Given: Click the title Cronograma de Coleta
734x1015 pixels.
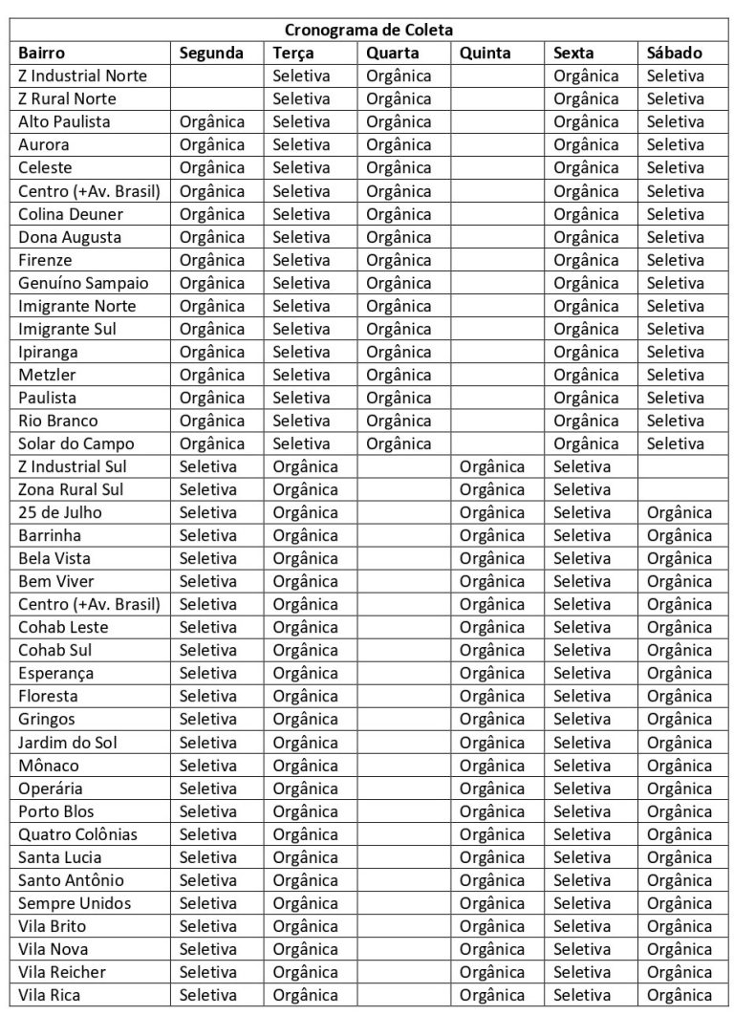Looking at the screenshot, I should pyautogui.click(x=368, y=30).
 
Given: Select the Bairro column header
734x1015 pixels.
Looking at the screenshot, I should pyautogui.click(x=42, y=53).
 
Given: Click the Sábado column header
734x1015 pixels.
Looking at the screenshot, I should pyautogui.click(x=675, y=53).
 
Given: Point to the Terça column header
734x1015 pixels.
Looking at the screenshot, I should pyautogui.click(x=293, y=53).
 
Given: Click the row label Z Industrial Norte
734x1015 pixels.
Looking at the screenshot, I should pyautogui.click(x=77, y=76).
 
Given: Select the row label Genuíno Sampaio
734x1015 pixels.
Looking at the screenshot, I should pyautogui.click(x=83, y=283).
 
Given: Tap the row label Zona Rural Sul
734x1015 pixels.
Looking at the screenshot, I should pyautogui.click(x=72, y=489).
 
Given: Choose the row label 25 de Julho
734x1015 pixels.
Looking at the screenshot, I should pyautogui.click(x=60, y=512).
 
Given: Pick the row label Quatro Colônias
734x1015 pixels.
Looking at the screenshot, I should pyautogui.click(x=78, y=834).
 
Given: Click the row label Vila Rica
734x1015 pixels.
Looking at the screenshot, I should pyautogui.click(x=50, y=995).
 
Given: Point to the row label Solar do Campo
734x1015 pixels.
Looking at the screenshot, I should pyautogui.click(x=76, y=443).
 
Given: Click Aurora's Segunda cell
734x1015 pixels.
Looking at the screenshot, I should pyautogui.click(x=212, y=144).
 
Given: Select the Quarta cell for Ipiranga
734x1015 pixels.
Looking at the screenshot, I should pyautogui.click(x=399, y=352).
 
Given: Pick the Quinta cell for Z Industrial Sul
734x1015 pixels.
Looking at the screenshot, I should pyautogui.click(x=492, y=466).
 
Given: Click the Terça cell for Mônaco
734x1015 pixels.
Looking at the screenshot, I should pyautogui.click(x=306, y=766).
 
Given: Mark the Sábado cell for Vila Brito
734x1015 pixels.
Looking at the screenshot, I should pyautogui.click(x=680, y=926).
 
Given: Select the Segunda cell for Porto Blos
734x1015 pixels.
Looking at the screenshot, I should pyautogui.click(x=207, y=811).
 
